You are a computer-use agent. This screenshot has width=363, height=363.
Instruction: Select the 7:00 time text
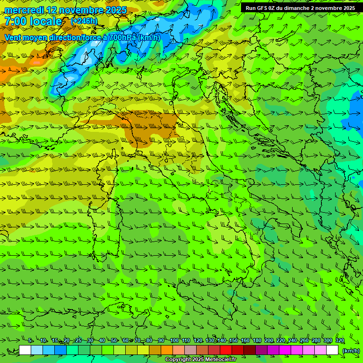pyautogui.click(x=15, y=21)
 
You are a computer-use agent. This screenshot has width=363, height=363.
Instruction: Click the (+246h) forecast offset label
pyautogui.click(x=84, y=21)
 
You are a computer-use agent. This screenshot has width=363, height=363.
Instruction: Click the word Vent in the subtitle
pyautogui.click(x=13, y=37)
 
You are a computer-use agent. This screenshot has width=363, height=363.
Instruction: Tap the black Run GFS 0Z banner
pyautogui.click(x=300, y=8)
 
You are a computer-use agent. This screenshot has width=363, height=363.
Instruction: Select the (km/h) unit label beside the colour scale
pyautogui.click(x=350, y=351)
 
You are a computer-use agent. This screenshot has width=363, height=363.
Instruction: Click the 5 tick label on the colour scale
pyautogui.click(x=31, y=340)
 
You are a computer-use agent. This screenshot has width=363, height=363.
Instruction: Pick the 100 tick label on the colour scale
pyautogui.click(x=174, y=340)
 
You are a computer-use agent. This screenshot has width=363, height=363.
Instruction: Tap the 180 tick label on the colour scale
pyautogui.click(x=257, y=340)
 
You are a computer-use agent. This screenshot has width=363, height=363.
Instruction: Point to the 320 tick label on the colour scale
pyautogui.click(x=339, y=340)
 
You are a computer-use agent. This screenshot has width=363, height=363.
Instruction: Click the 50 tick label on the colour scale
pyautogui.click(x=114, y=340)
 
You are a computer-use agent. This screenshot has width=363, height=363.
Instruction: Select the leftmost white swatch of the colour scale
pyautogui.click(x=25, y=350)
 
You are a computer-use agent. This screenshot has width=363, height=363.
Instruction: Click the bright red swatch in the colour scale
pyautogui.click(x=226, y=350)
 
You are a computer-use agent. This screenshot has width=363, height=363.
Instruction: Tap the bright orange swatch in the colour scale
pyautogui.click(x=167, y=350)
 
